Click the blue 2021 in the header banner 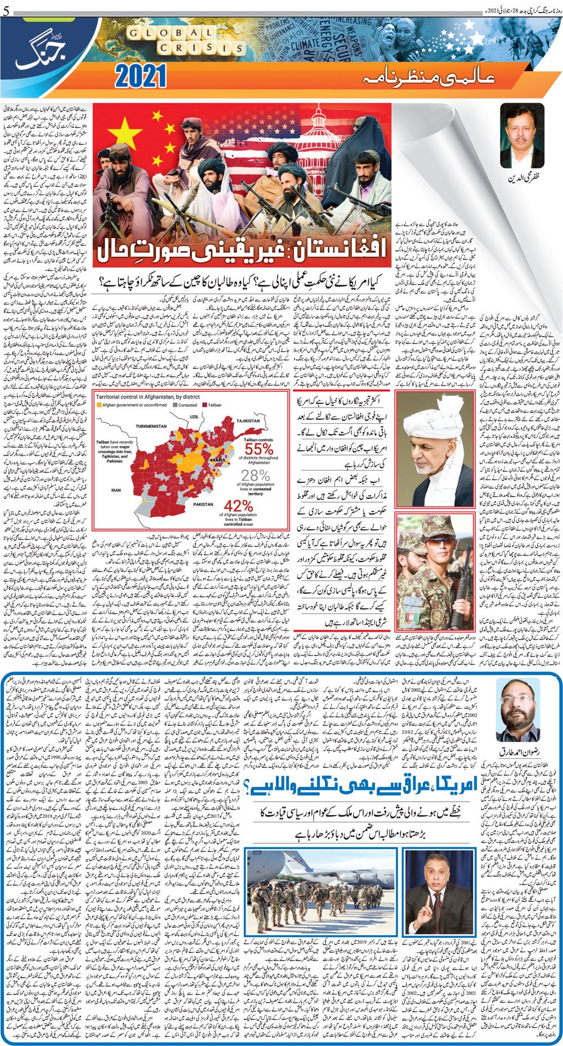[141, 76]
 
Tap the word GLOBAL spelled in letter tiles [171, 33]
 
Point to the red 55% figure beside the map [259, 449]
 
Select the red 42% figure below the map [238, 506]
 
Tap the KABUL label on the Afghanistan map [219, 460]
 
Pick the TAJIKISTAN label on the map [248, 421]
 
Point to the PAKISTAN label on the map [203, 504]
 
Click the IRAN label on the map [115, 490]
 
